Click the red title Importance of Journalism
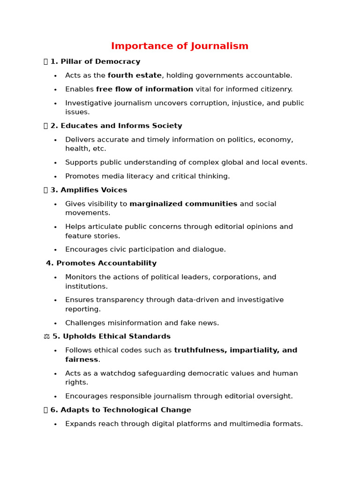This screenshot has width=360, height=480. coord(180,46)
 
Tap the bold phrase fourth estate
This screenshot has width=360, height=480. coord(135,75)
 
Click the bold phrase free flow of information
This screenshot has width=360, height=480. coord(144,89)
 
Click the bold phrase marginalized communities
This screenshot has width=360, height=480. coord(183,204)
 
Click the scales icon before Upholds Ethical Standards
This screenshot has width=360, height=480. coord(46,337)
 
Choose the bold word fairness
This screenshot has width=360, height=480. coord(82,360)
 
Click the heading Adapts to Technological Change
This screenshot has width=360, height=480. coord(120,410)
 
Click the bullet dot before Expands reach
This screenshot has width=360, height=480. coord(55,424)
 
